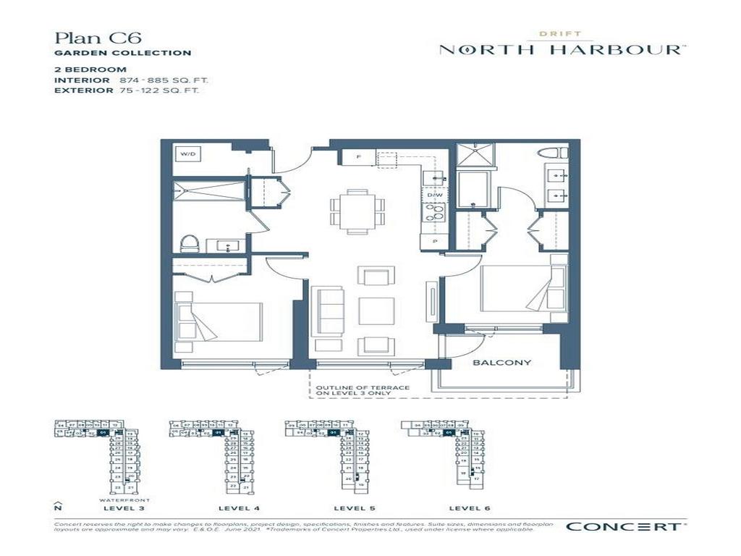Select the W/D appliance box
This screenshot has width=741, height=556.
point(188,155)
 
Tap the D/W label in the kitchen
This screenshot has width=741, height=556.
point(435,195)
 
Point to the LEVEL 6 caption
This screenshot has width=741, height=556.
point(471,508)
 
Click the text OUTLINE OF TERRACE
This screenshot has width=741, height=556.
point(363,388)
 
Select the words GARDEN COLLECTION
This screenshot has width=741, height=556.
point(123,53)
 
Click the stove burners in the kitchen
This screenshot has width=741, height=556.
point(435,213)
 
